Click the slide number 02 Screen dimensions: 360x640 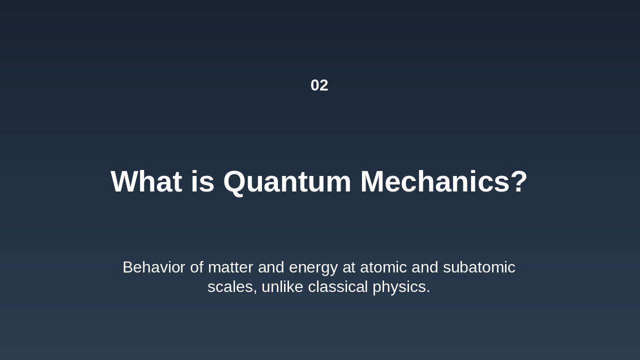(319, 85)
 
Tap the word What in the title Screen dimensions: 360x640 (146, 181)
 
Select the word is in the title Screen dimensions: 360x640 (202, 181)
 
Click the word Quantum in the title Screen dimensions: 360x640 (287, 181)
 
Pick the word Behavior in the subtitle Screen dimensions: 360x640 (153, 267)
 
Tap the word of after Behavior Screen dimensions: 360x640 (196, 267)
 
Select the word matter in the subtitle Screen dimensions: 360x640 (230, 267)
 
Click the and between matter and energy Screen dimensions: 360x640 (271, 267)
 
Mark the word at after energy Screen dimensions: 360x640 (348, 267)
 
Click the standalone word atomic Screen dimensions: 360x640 (383, 267)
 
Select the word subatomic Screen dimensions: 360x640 (479, 267)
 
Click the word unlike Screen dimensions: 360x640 (282, 287)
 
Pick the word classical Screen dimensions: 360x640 (338, 287)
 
